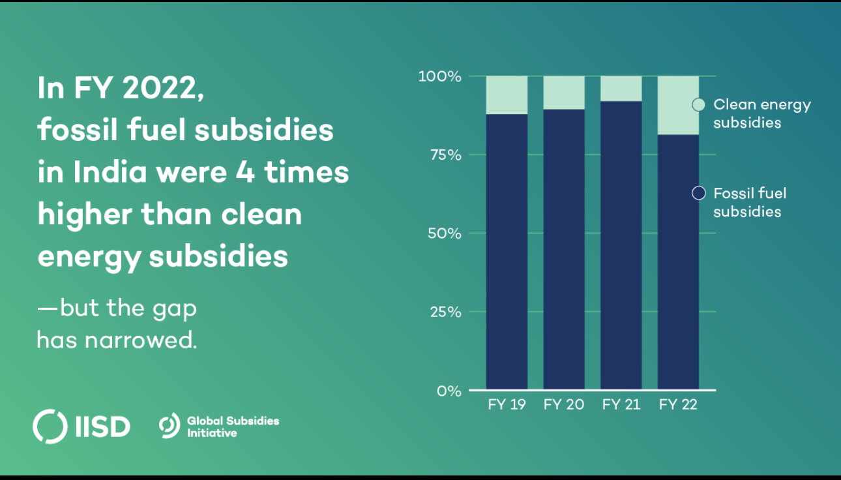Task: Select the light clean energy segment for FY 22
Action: pyautogui.click(x=678, y=105)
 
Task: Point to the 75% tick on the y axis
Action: pyautogui.click(x=445, y=155)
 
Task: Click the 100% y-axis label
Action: pyautogui.click(x=440, y=76)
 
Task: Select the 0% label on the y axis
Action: pyautogui.click(x=449, y=391)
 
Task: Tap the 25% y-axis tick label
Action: pyautogui.click(x=445, y=312)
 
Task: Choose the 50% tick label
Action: pyautogui.click(x=445, y=233)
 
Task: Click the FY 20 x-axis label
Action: pyautogui.click(x=564, y=405)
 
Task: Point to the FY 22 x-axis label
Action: pyautogui.click(x=678, y=405)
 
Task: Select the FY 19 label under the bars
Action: pyautogui.click(x=507, y=405)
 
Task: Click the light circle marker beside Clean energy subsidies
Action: pyautogui.click(x=698, y=105)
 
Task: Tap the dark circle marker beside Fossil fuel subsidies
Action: pyautogui.click(x=698, y=194)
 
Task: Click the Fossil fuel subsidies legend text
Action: pyautogui.click(x=749, y=202)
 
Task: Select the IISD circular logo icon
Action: pyautogui.click(x=50, y=427)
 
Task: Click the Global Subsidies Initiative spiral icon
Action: pyautogui.click(x=169, y=426)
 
